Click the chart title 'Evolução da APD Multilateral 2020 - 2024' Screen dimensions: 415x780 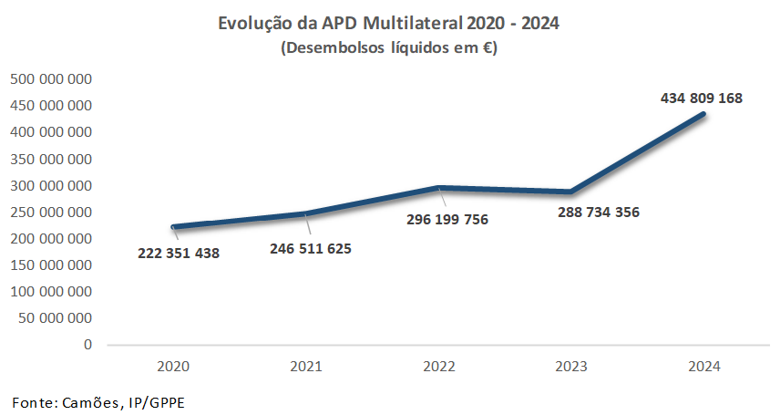click(389, 23)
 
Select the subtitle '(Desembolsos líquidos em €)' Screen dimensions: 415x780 click(389, 48)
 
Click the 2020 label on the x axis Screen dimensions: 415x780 click(173, 367)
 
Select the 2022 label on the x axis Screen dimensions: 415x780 click(439, 367)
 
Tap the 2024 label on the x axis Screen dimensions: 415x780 click(704, 367)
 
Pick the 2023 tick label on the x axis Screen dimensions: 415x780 click(572, 367)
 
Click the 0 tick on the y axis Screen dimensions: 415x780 click(87, 345)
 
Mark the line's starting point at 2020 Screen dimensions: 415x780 click(173, 227)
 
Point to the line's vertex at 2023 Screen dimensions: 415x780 click(572, 192)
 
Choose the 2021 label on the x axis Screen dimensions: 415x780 click(306, 367)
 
